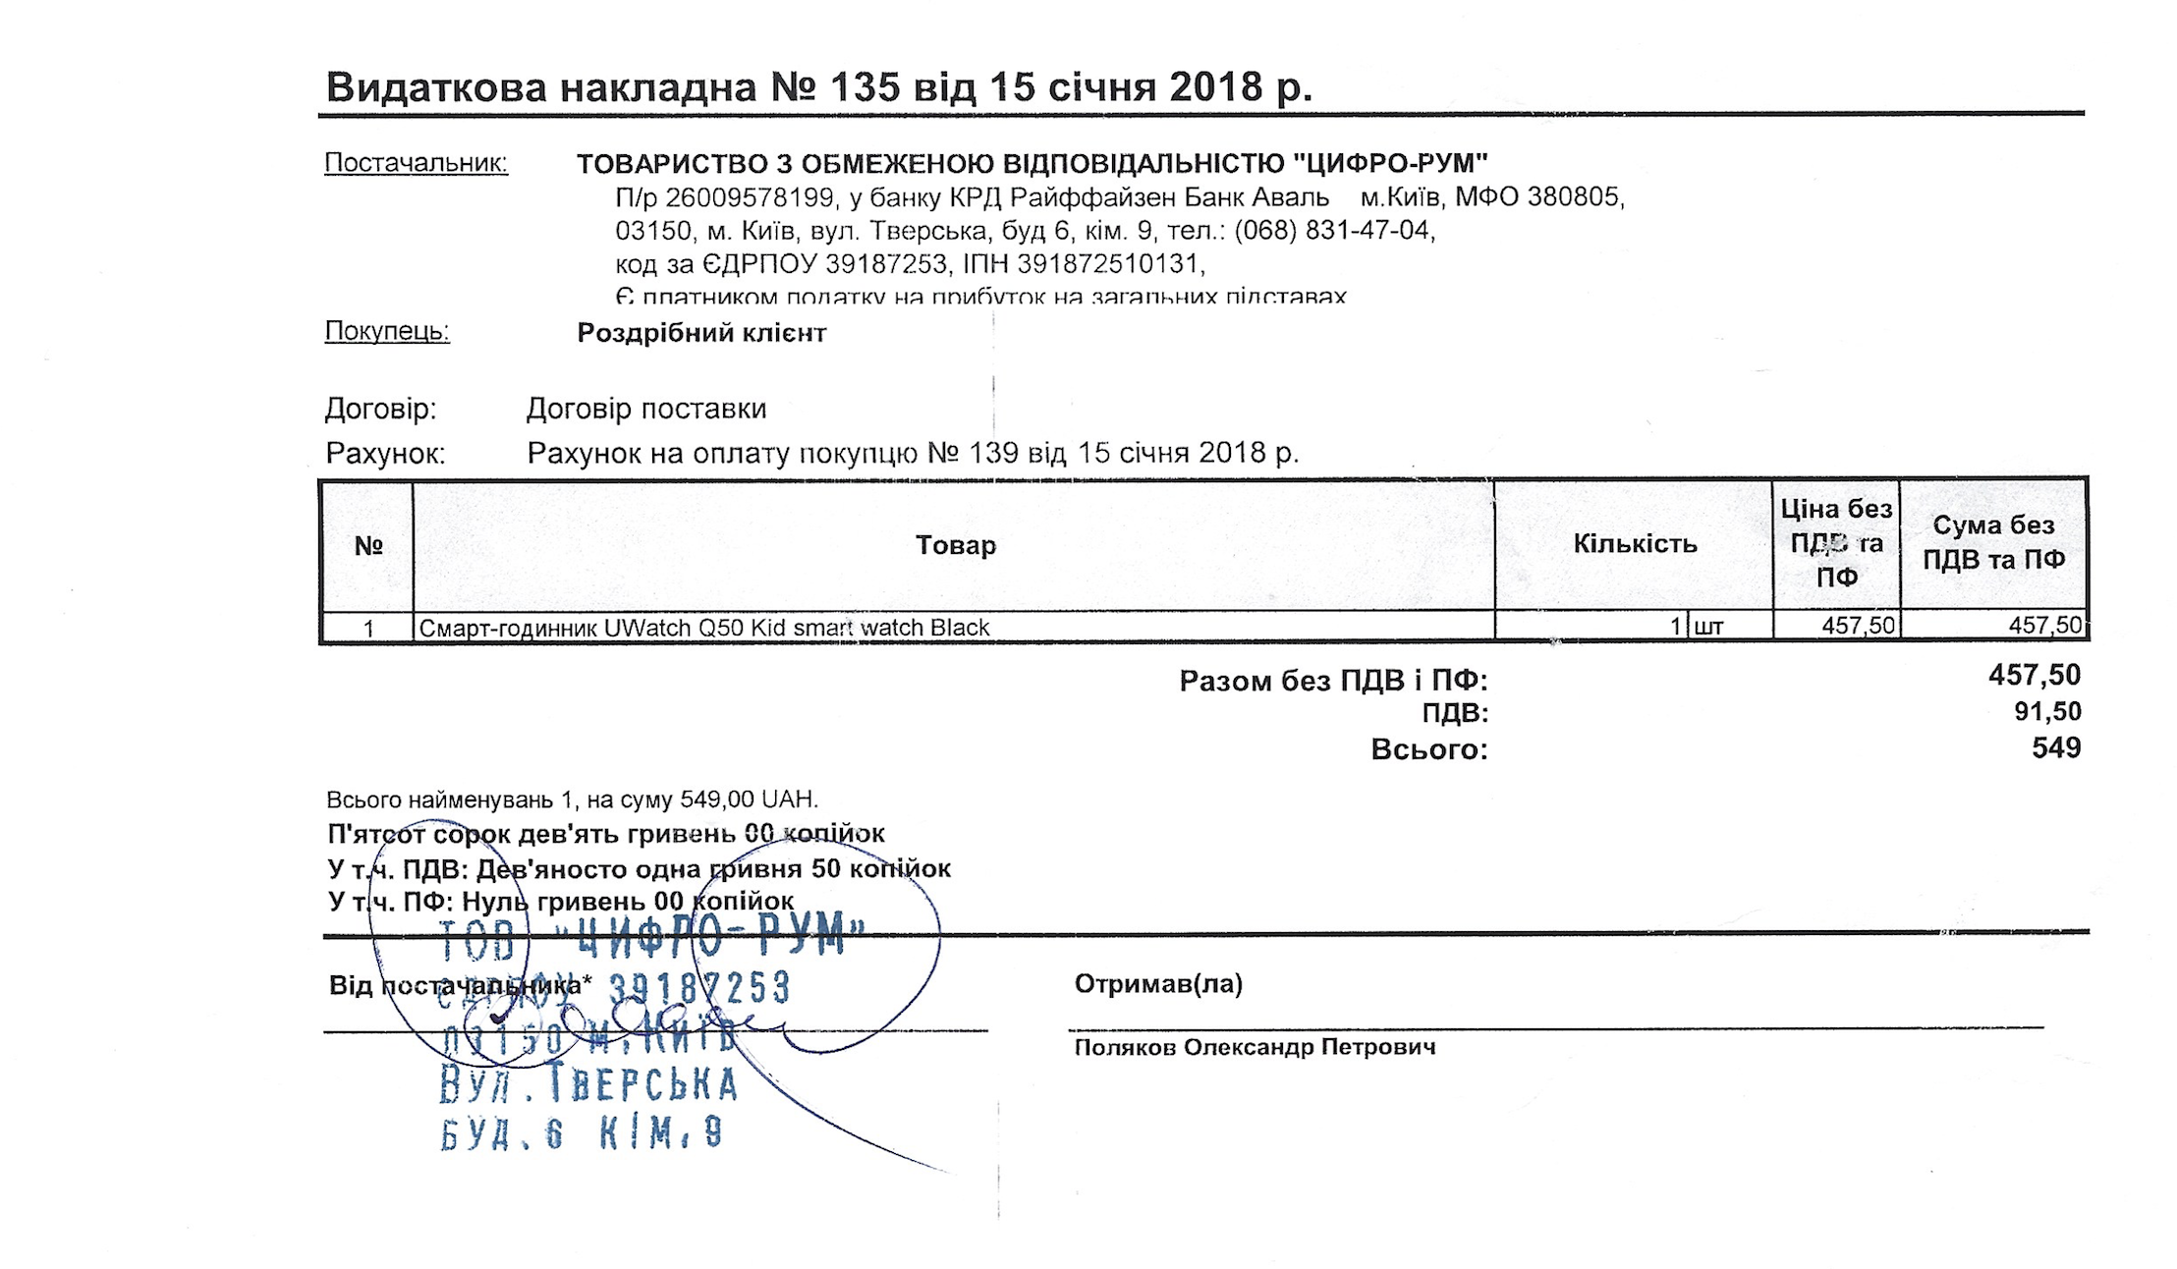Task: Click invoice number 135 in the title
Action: click(x=865, y=87)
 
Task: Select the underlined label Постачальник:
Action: click(x=416, y=162)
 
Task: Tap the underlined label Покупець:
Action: click(x=387, y=331)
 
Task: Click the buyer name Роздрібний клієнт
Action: click(x=700, y=333)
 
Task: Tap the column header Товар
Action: click(x=955, y=545)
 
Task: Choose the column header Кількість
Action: click(x=1635, y=544)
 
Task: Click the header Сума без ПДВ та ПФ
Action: click(x=1993, y=542)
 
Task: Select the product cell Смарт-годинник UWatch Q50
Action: click(x=703, y=628)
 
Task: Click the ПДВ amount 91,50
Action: click(x=2046, y=711)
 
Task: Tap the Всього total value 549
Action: click(x=2055, y=748)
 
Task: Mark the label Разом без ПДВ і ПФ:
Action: click(x=1332, y=680)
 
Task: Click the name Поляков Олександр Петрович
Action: click(x=1255, y=1047)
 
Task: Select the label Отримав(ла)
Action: click(x=1158, y=983)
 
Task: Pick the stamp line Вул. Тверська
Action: click(x=587, y=1084)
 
